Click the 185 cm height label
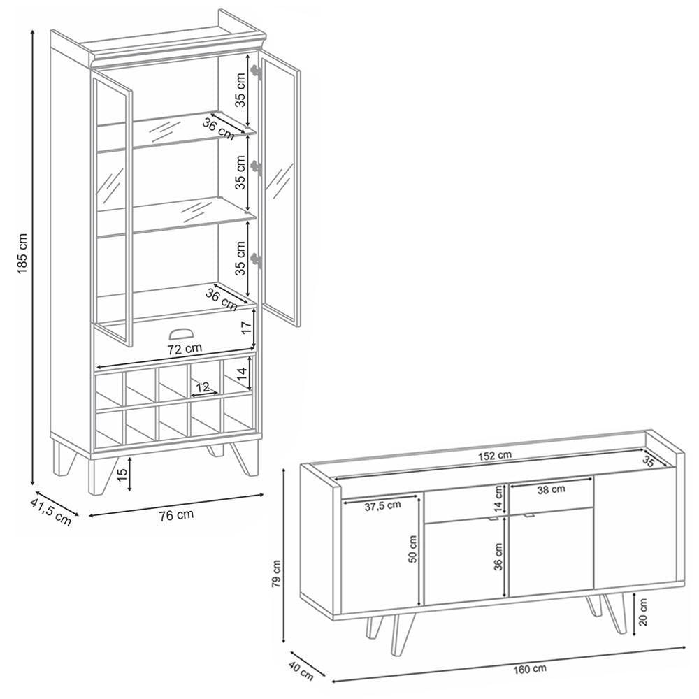tap(23, 253)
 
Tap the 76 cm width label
tap(177, 515)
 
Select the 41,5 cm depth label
tap(51, 512)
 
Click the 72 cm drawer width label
tap(185, 348)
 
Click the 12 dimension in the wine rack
tap(203, 387)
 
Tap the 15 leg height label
tap(122, 473)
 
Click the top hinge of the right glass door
tap(255, 72)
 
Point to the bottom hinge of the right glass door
tap(255, 260)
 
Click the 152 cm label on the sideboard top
tap(495, 456)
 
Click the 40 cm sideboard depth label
tap(301, 671)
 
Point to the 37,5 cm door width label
tap(382, 505)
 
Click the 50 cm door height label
tap(412, 549)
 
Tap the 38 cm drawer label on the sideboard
tap(551, 490)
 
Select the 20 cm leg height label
tap(642, 612)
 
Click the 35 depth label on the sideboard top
tap(649, 462)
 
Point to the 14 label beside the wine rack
tap(242, 373)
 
